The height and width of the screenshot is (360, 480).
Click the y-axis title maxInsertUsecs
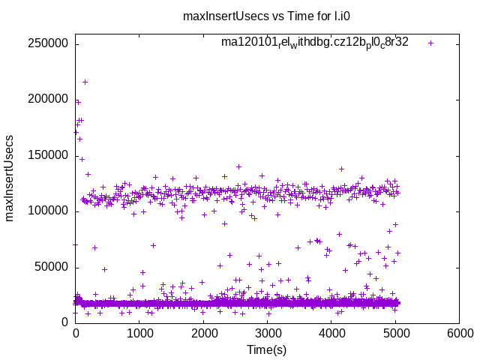click(x=10, y=178)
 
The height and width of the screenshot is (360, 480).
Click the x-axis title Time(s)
click(x=267, y=349)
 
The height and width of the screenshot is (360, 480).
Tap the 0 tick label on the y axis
click(x=66, y=322)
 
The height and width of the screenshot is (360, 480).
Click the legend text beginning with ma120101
click(x=314, y=43)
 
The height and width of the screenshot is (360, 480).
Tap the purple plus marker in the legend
click(x=430, y=43)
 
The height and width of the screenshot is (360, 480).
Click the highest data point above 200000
click(x=85, y=82)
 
